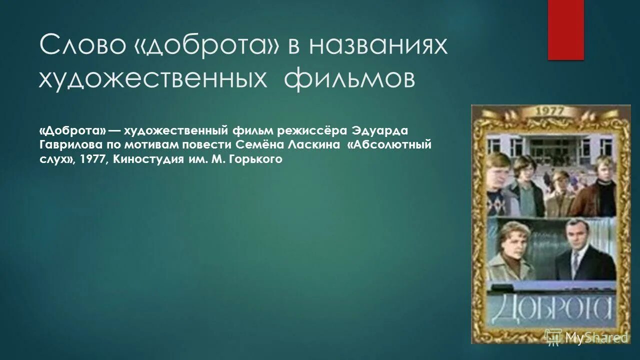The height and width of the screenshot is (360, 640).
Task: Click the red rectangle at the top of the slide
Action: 565,29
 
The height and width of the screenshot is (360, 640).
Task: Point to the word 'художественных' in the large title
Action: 152,79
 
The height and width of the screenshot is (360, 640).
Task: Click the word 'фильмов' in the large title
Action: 349,79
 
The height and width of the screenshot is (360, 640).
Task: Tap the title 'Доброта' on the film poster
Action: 550,308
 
